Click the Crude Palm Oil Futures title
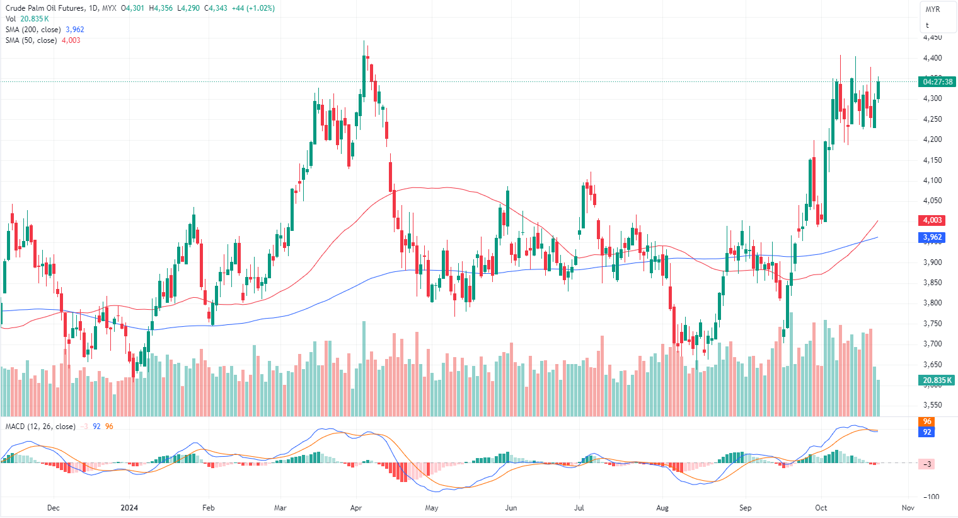pyautogui.click(x=44, y=8)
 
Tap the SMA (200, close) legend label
pyautogui.click(x=33, y=30)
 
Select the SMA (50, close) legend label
pyautogui.click(x=31, y=40)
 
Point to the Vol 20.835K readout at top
pyautogui.click(x=27, y=19)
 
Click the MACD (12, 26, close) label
pyautogui.click(x=40, y=427)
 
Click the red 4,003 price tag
pyautogui.click(x=932, y=220)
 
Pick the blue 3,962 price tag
pyautogui.click(x=932, y=237)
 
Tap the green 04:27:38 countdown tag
pyautogui.click(x=938, y=82)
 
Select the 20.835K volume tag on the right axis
pyautogui.click(x=937, y=380)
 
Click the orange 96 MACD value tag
pyautogui.click(x=927, y=421)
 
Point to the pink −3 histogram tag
pyautogui.click(x=927, y=464)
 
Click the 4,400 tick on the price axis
pyautogui.click(x=932, y=58)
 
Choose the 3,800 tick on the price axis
pyautogui.click(x=932, y=303)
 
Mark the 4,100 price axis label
pyautogui.click(x=932, y=180)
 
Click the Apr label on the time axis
pyautogui.click(x=356, y=508)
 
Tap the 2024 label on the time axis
pyautogui.click(x=129, y=508)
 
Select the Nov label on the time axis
pyautogui.click(x=908, y=508)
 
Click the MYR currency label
pyautogui.click(x=933, y=9)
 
